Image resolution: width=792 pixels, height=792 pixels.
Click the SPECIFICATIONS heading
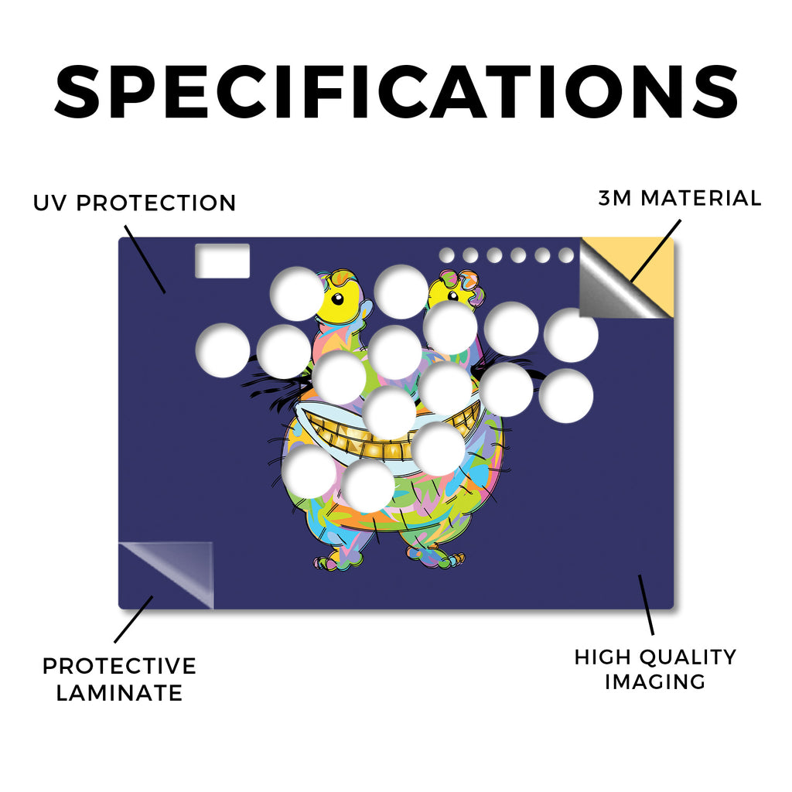[396, 92]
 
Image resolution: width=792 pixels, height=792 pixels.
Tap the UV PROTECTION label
[135, 203]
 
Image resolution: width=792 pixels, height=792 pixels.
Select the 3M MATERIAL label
[679, 198]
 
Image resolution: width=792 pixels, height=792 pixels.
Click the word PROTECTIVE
[119, 666]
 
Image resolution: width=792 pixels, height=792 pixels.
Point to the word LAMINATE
[119, 692]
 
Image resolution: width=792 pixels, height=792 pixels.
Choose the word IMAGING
[655, 682]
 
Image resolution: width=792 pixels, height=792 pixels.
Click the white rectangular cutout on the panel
[222, 261]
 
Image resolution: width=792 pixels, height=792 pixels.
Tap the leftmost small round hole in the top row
[446, 255]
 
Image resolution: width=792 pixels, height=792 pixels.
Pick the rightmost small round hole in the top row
[566, 255]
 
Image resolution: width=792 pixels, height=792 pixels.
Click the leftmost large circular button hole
[223, 350]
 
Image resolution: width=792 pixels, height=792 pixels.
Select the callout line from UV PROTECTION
[145, 259]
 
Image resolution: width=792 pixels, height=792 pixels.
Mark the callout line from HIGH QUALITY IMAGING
[647, 605]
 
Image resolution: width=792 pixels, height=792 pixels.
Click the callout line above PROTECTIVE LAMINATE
[133, 620]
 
